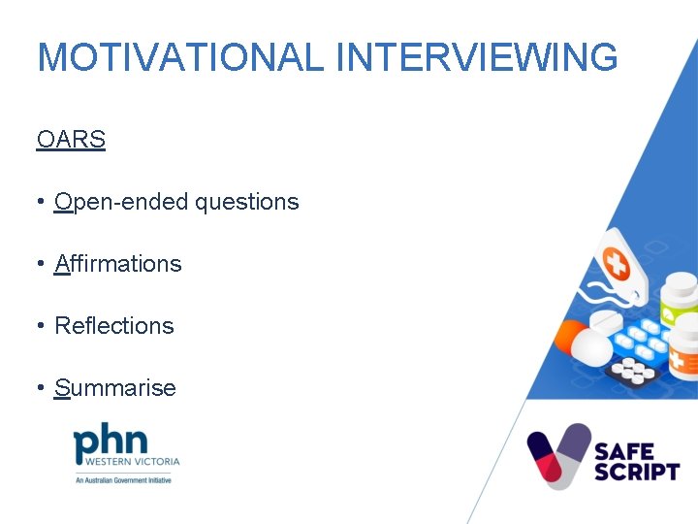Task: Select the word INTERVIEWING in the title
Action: click(x=476, y=57)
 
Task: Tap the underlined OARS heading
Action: click(x=71, y=140)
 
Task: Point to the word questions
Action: click(x=246, y=202)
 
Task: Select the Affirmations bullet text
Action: click(x=118, y=264)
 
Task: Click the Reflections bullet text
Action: click(x=114, y=326)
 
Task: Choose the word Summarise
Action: click(x=115, y=388)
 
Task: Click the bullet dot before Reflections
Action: click(x=41, y=326)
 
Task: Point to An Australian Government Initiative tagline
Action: click(x=123, y=479)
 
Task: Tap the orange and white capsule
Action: click(x=581, y=343)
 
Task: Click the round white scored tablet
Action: click(x=607, y=321)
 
